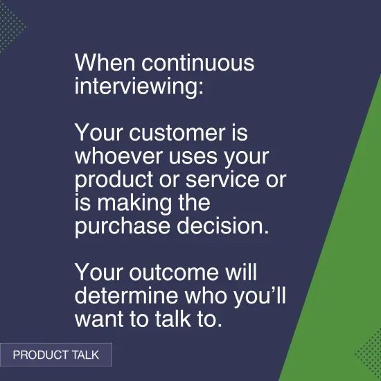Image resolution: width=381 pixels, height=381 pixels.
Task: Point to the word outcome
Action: [x=166, y=272]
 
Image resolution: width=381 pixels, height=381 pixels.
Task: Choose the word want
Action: [x=96, y=319]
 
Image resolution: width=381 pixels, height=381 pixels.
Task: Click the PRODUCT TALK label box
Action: [x=55, y=355]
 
